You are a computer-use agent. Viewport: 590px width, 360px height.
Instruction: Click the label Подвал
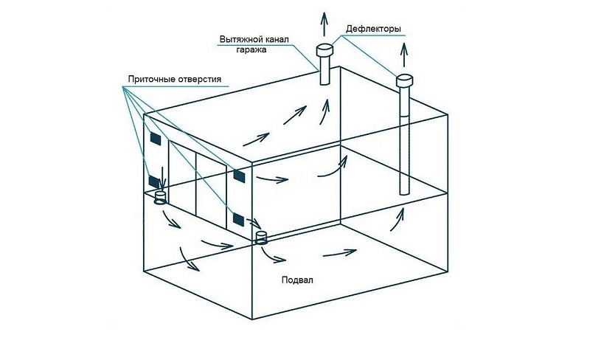click(x=296, y=281)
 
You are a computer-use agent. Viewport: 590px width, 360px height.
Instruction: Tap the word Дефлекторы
click(x=372, y=29)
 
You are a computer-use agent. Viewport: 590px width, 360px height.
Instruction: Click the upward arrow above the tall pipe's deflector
click(x=404, y=52)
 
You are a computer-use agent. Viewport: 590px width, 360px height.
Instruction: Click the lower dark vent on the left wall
click(x=154, y=181)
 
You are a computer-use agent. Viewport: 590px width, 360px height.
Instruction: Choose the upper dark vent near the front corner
click(x=239, y=175)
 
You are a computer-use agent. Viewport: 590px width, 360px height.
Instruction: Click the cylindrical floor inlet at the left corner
click(x=160, y=197)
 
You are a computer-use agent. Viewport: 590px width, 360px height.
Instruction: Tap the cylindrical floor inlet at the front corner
click(x=261, y=237)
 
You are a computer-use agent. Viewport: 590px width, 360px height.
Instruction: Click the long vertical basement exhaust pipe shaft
click(x=403, y=140)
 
